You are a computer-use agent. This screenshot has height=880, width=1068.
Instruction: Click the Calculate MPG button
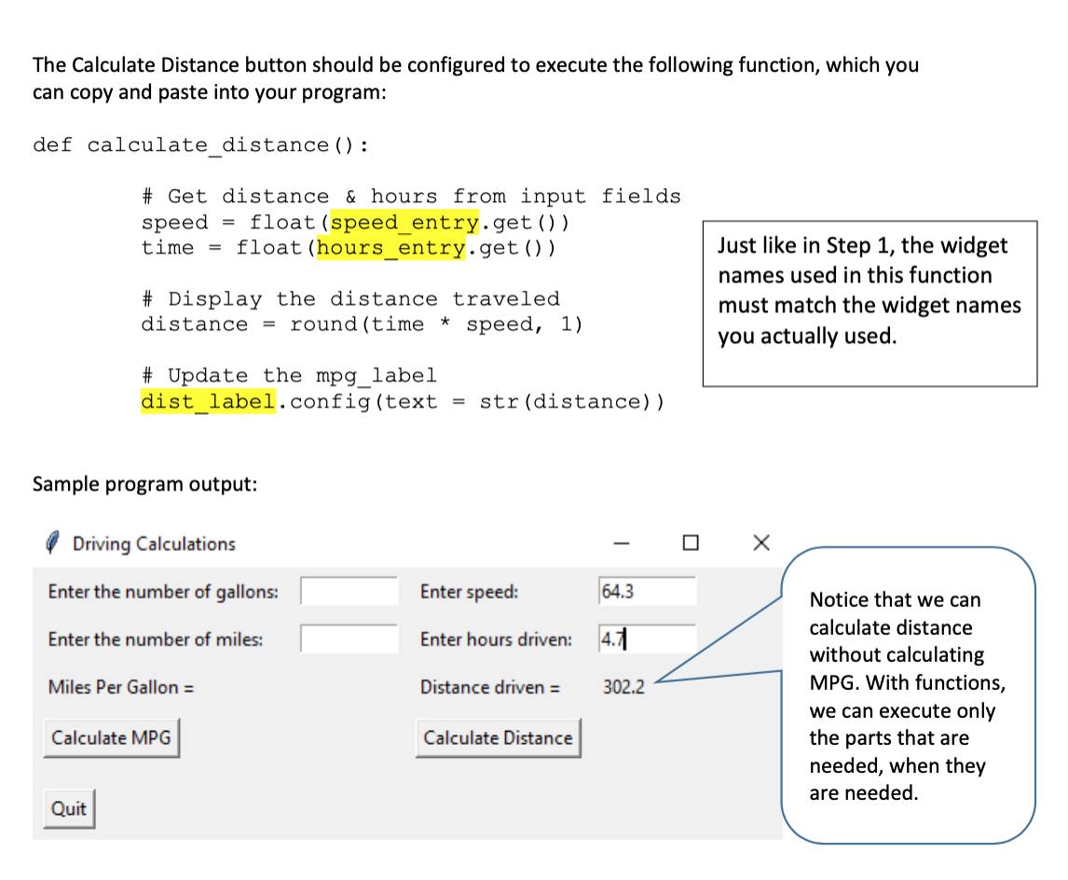pos(111,737)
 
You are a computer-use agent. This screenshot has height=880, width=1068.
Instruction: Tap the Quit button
pos(69,808)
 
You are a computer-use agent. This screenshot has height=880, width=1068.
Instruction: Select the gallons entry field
pos(349,591)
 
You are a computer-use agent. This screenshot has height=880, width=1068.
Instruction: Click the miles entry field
pos(349,639)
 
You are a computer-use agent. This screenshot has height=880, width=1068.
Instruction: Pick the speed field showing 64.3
pos(647,591)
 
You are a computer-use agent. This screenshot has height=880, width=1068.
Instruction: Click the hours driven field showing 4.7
pos(647,639)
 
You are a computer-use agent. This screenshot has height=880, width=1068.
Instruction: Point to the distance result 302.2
pos(623,688)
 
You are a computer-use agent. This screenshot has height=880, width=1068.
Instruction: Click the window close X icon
pos(760,543)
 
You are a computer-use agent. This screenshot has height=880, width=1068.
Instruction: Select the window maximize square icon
pos(690,543)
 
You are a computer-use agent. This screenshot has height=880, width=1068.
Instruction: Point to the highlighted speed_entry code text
pos(405,223)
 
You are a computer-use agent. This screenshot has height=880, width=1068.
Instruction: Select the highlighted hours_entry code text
pos(391,248)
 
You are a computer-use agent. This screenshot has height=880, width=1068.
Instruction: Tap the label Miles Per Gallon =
pos(121,688)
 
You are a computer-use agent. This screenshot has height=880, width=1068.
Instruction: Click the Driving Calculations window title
pos(154,543)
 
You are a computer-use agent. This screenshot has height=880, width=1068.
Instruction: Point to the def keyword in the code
pos(52,145)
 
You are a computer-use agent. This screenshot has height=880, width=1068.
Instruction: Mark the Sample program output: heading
pos(144,485)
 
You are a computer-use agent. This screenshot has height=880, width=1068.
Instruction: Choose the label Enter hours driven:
pos(496,639)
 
